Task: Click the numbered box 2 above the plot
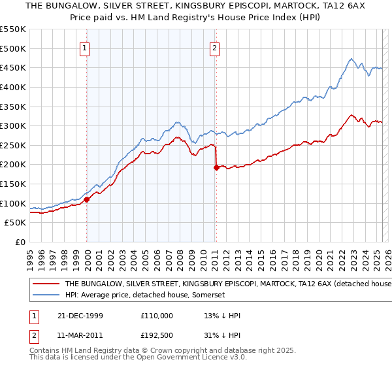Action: pyautogui.click(x=215, y=47)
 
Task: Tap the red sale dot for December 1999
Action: pyautogui.click(x=87, y=199)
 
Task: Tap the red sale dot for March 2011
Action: pyautogui.click(x=216, y=167)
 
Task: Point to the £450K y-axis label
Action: pyautogui.click(x=14, y=68)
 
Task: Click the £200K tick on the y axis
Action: pyautogui.click(x=14, y=165)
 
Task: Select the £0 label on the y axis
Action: pyautogui.click(x=20, y=242)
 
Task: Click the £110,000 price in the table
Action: pyautogui.click(x=157, y=315)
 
